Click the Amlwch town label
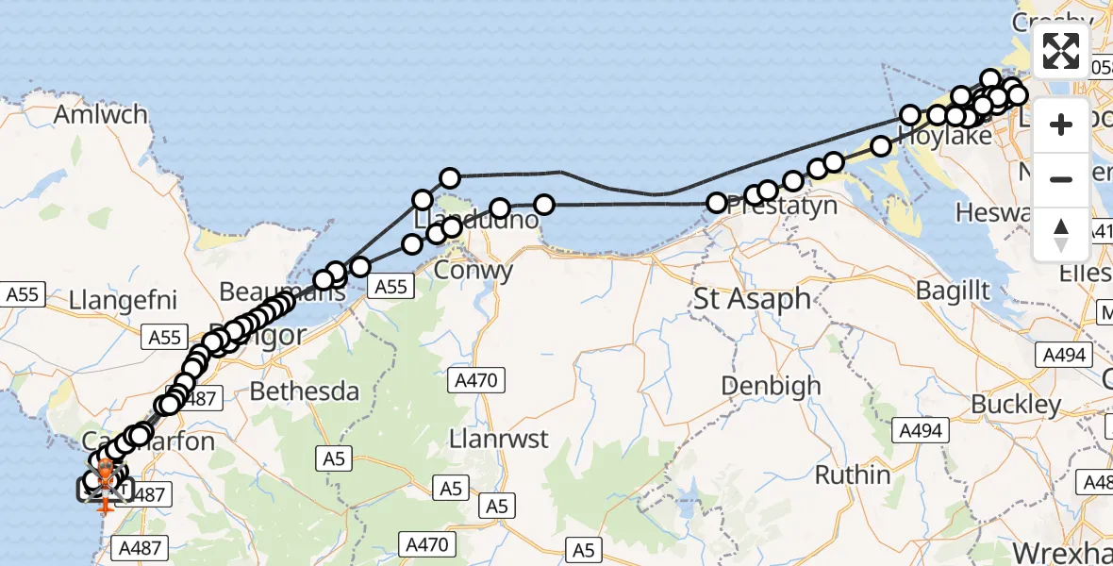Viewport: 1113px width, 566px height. click(102, 115)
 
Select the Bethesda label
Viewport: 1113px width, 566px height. click(304, 391)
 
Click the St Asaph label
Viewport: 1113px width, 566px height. click(752, 300)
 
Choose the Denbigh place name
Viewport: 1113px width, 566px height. click(771, 385)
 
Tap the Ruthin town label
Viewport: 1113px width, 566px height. click(853, 474)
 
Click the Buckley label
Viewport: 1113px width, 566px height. click(1016, 405)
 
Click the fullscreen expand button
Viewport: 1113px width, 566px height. click(1061, 51)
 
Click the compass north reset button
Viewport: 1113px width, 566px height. click(1061, 235)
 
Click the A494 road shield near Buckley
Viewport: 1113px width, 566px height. click(919, 431)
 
